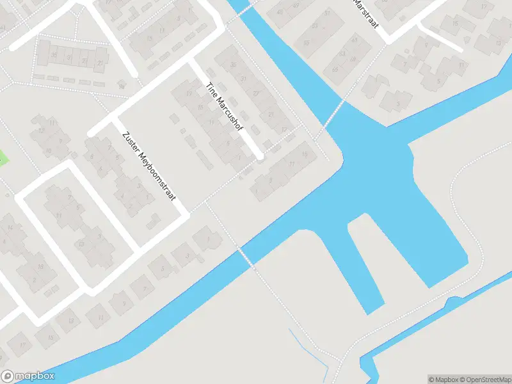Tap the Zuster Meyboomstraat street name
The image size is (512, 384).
148,166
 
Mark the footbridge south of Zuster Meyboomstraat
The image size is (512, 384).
244,256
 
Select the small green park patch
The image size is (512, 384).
3,157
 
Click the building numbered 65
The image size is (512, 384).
334,68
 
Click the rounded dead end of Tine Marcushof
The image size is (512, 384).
260,156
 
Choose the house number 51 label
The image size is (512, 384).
327,13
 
